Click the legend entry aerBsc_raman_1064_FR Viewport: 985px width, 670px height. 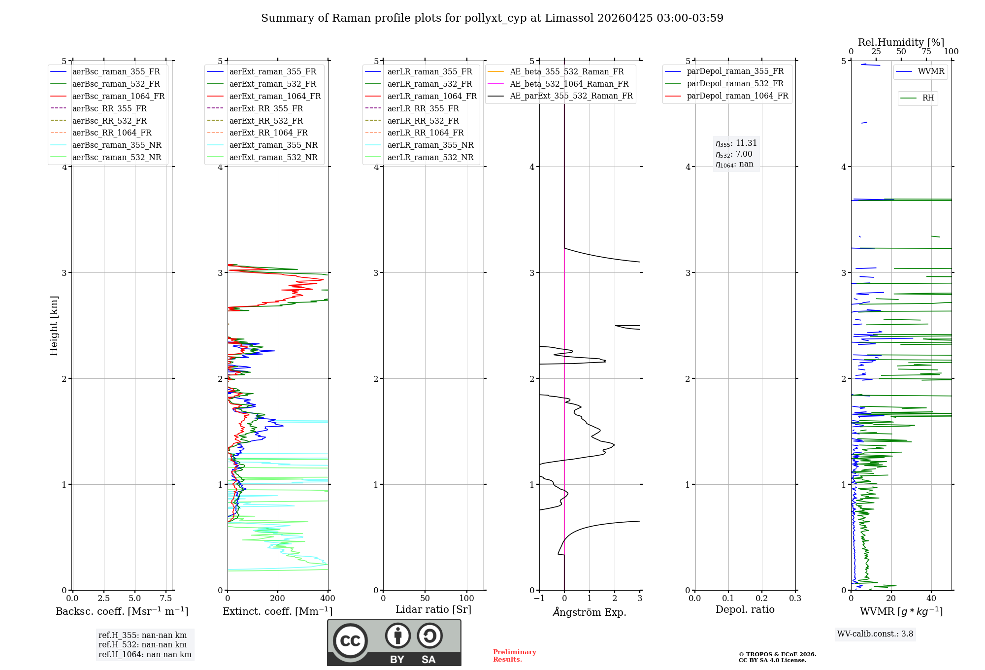click(x=118, y=97)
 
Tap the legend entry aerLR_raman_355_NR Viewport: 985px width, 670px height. click(x=430, y=145)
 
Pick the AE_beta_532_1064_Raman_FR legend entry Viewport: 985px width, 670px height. click(x=569, y=84)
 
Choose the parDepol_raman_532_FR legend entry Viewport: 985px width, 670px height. click(x=735, y=84)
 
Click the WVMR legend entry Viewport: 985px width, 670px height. click(x=930, y=71)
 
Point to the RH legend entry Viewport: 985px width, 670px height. click(x=928, y=98)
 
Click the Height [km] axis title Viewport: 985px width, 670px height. click(x=54, y=326)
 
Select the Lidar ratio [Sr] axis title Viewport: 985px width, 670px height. click(x=433, y=609)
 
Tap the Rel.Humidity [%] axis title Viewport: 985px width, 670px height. click(x=901, y=42)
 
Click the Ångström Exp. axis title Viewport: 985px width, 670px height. click(x=590, y=612)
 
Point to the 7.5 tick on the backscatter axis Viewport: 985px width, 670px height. click(x=166, y=599)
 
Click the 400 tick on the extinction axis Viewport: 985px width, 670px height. click(x=328, y=599)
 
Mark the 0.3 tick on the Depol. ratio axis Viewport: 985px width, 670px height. click(x=795, y=599)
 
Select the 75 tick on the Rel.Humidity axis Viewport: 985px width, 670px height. click(x=926, y=52)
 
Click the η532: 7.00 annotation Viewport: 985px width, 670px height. click(x=734, y=154)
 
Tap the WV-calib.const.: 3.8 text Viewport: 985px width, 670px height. click(x=875, y=634)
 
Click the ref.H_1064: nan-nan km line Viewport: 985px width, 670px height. click(x=145, y=655)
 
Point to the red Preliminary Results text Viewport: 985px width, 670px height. click(x=514, y=656)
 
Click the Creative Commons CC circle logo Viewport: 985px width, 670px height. click(x=350, y=640)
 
